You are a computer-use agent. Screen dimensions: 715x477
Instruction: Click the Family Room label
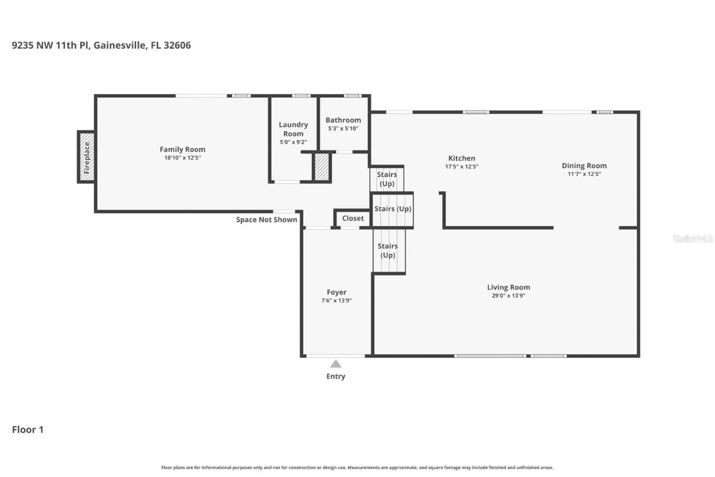point(182,149)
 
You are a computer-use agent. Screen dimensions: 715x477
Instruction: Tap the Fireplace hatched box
point(86,157)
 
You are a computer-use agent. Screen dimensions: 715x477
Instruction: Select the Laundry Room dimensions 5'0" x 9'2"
point(293,142)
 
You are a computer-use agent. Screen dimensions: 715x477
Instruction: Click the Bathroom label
point(343,120)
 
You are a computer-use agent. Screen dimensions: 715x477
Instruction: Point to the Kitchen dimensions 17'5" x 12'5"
point(461,167)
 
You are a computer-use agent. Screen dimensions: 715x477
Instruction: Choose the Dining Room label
point(584,166)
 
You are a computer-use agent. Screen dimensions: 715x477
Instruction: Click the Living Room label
point(508,287)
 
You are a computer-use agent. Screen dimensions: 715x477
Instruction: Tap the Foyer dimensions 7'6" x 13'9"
point(336,300)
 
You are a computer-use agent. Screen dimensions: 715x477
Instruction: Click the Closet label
point(352,218)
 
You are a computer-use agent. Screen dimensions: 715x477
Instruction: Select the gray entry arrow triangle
point(336,364)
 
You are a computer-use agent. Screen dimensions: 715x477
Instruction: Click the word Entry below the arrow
point(336,376)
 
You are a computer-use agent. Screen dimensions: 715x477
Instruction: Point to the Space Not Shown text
point(266,220)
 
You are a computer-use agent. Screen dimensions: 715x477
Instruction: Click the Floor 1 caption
point(27,429)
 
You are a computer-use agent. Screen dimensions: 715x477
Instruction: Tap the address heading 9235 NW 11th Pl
point(101,45)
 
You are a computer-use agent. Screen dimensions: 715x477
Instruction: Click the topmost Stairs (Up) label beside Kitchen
point(387,179)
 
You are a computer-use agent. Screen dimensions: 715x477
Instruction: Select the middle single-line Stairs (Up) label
point(392,209)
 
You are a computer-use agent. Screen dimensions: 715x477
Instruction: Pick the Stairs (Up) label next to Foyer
point(388,251)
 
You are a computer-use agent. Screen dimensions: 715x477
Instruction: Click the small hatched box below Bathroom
point(322,167)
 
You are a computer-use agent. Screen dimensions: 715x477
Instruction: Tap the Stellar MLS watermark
point(693,239)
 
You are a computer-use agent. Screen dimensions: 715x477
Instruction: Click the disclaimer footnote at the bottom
point(357,467)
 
